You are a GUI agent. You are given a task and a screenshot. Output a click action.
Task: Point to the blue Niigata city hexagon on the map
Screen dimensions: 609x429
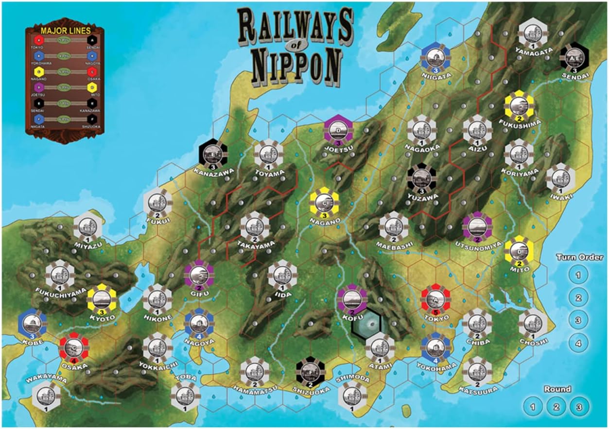435,57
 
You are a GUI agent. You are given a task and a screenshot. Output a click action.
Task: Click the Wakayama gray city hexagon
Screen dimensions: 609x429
46,395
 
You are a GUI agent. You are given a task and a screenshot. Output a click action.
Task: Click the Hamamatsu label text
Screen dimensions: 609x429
255,388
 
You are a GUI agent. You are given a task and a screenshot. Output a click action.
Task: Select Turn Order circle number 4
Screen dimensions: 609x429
578,343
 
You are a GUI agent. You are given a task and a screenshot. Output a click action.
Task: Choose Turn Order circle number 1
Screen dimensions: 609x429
578,275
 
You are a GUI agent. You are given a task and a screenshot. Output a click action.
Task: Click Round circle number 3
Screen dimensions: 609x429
578,407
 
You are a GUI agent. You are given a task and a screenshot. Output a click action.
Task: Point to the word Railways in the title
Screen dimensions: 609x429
296,26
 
